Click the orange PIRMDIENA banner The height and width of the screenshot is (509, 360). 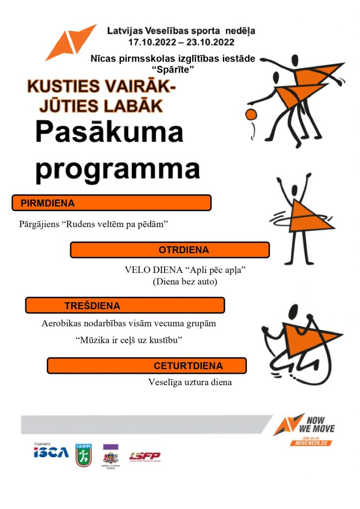pyautogui.click(x=111, y=203)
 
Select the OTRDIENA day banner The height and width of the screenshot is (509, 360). pyautogui.click(x=170, y=250)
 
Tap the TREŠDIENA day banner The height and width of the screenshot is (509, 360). pyautogui.click(x=125, y=305)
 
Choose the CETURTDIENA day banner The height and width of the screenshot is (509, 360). pyautogui.click(x=147, y=366)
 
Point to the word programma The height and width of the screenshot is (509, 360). pyautogui.click(x=117, y=169)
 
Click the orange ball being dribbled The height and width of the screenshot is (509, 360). pyautogui.click(x=252, y=114)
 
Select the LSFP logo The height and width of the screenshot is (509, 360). pyautogui.click(x=145, y=456)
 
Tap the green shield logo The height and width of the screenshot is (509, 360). pyautogui.click(x=83, y=455)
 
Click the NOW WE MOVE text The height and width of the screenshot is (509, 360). pyautogui.click(x=321, y=424)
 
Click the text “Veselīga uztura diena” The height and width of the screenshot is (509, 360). pyautogui.click(x=190, y=383)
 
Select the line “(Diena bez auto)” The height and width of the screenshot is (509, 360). pyautogui.click(x=185, y=282)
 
